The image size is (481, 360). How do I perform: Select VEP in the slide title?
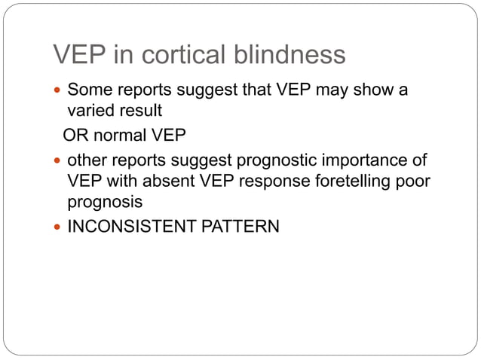tap(77, 54)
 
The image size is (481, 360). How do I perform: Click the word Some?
tap(89, 91)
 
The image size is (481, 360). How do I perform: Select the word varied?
tap(90, 111)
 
